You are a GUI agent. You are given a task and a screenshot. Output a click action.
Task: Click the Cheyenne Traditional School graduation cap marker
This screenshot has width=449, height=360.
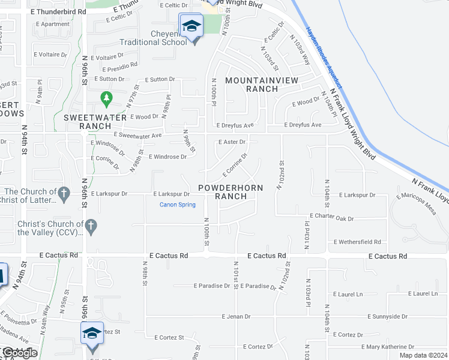tap(191, 26)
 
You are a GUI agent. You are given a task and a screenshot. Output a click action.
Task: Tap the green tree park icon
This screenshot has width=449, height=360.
tap(106, 97)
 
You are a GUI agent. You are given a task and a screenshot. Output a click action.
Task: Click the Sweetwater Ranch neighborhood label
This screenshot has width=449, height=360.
tap(88, 122)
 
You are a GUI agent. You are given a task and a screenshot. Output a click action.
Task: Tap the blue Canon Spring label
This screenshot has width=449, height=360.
tap(178, 205)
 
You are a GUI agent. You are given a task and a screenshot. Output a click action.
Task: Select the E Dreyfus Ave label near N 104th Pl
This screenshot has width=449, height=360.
tap(303, 125)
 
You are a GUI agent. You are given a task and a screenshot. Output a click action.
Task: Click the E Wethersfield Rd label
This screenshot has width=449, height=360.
tap(357, 242)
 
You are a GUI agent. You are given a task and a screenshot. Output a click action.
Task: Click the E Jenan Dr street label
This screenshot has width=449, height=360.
tap(236, 316)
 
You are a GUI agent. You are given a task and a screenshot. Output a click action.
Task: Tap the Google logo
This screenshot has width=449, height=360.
tap(20, 353)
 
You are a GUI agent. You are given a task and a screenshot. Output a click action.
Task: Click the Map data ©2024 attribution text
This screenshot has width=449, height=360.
tap(423, 355)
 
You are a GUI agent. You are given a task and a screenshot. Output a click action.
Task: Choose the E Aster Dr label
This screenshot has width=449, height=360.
tap(231, 142)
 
